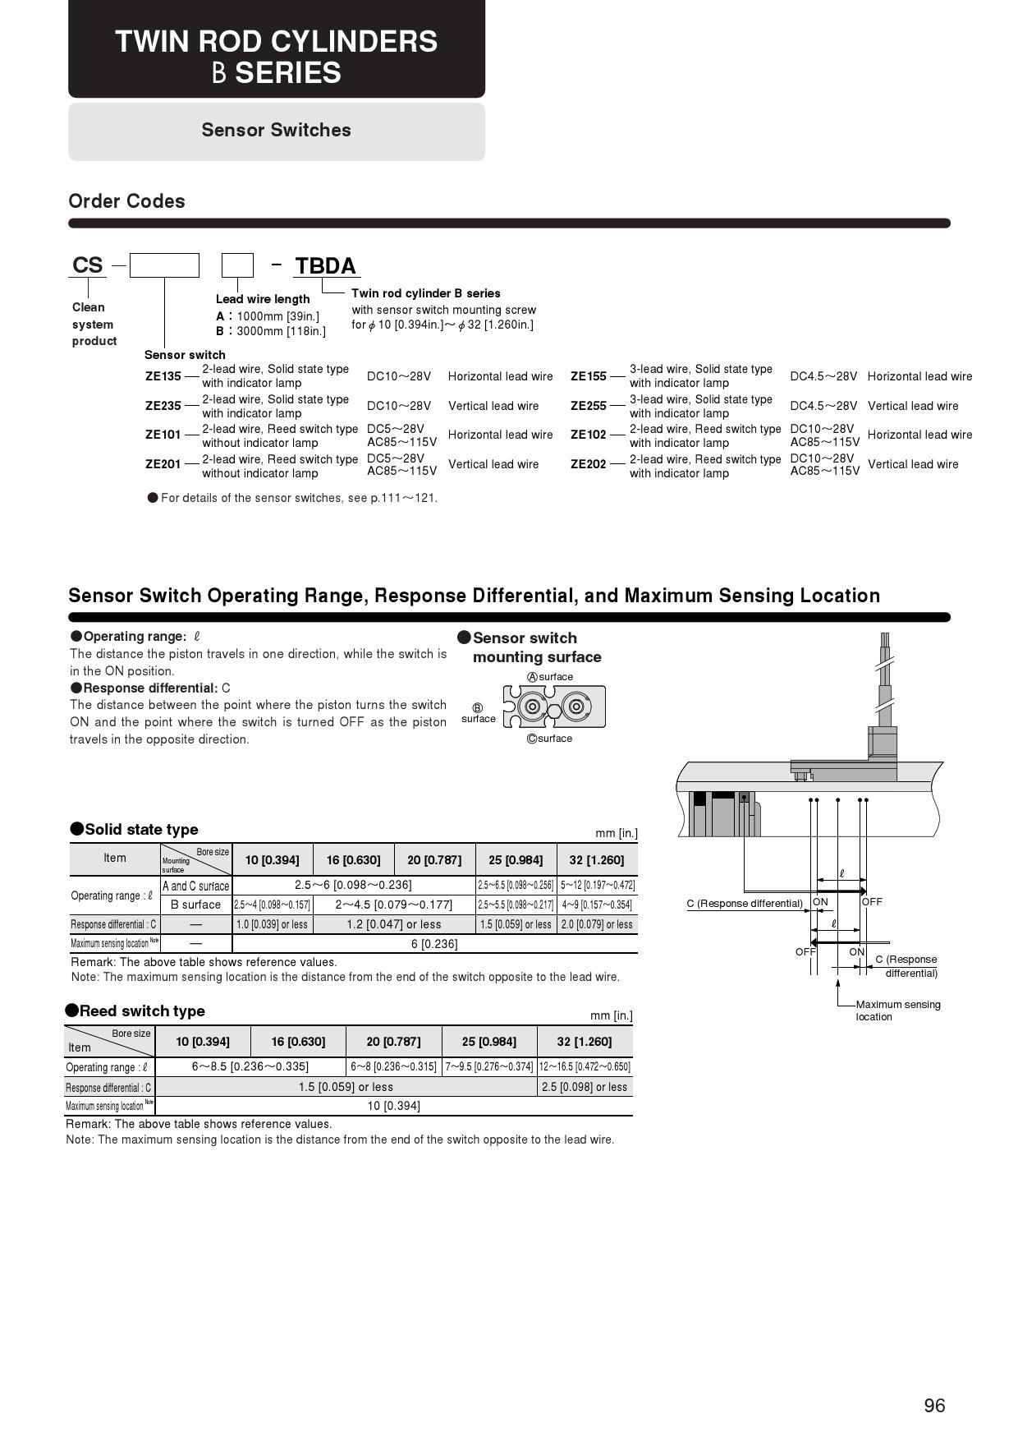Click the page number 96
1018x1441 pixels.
coord(934,1406)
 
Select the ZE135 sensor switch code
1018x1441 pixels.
coord(163,376)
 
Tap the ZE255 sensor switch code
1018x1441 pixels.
coord(588,406)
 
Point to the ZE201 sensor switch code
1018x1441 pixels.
coord(163,464)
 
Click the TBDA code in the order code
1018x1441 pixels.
coord(325,266)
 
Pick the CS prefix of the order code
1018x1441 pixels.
coord(88,265)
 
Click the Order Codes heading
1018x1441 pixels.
coord(126,201)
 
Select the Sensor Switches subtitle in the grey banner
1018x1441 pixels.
coord(276,130)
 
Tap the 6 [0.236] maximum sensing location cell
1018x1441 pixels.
coord(434,944)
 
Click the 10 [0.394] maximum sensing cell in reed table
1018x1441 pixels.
coord(393,1106)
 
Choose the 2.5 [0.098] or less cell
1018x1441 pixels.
coord(585,1087)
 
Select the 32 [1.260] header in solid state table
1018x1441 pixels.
coord(596,860)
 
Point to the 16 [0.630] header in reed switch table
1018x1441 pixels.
coord(298,1042)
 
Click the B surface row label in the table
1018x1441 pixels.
coord(195,905)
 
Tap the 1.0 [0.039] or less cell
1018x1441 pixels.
coord(272,924)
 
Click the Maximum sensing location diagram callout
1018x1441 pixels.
coord(897,1011)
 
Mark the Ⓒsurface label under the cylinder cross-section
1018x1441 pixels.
coord(550,739)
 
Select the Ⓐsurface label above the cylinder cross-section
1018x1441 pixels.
coord(550,677)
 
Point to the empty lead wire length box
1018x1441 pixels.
coord(237,265)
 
